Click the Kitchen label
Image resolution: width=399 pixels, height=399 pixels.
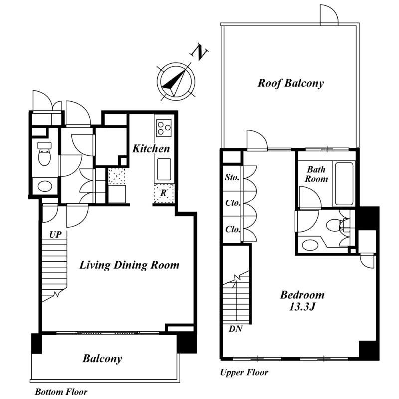point(151,148)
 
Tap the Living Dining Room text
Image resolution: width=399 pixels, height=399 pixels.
point(129,265)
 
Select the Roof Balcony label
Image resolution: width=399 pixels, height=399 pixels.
point(291,83)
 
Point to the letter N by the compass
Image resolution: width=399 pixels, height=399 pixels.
point(199,52)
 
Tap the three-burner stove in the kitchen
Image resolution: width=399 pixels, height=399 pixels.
point(164,128)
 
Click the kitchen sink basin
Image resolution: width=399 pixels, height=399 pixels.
point(164,169)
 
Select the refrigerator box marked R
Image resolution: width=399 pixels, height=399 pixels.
point(164,193)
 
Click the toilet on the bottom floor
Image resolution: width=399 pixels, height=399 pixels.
point(44,154)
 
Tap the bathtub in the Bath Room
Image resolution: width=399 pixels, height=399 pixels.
point(344,184)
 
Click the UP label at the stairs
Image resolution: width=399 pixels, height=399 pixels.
point(55,234)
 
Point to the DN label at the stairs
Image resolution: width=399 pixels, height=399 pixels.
point(235,329)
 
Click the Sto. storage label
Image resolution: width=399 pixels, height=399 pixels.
point(232,177)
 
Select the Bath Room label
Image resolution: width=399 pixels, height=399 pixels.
point(316,174)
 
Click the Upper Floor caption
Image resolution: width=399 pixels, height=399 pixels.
point(244,372)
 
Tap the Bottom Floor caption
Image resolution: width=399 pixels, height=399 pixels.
point(61,392)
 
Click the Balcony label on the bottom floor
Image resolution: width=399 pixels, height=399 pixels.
point(102,359)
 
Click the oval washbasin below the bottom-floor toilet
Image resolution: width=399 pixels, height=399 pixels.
point(45,186)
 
